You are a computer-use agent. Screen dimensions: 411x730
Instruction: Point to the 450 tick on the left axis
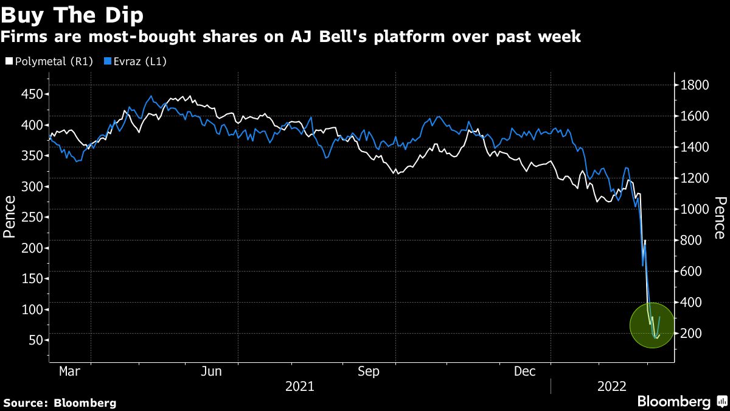pos(31,94)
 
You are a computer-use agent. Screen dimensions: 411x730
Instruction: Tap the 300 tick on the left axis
pos(31,186)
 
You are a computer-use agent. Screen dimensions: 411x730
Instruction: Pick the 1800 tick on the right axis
pos(695,85)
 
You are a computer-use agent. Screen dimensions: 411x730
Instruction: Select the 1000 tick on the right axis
pos(695,209)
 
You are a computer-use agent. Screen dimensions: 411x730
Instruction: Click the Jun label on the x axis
pos(211,371)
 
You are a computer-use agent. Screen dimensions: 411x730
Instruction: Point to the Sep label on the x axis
pos(369,371)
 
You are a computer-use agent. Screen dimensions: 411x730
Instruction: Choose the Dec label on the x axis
pos(524,371)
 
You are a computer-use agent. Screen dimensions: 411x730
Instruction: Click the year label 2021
pos(299,386)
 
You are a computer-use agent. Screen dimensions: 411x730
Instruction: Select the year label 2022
pos(613,386)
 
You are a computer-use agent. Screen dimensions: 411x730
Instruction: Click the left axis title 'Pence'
pos(10,216)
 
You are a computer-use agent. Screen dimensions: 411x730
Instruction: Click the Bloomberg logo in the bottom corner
pos(681,402)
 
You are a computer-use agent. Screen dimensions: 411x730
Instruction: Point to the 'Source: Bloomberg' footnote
pos(60,402)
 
